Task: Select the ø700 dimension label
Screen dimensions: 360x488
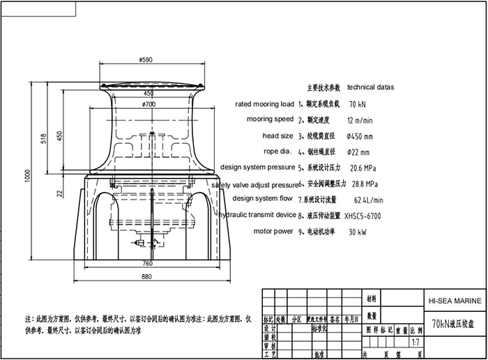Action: click(148, 104)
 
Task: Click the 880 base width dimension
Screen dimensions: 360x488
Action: click(148, 277)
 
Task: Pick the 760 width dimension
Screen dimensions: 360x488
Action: click(148, 263)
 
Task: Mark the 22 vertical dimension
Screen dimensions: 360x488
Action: click(60, 193)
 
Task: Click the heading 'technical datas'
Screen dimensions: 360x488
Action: click(370, 88)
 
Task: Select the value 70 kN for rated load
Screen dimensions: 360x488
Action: click(357, 104)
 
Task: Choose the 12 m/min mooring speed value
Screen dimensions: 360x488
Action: click(360, 120)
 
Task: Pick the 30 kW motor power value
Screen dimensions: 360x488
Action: click(358, 232)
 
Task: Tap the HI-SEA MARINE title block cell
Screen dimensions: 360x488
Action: click(453, 301)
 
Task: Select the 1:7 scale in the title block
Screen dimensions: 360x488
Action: click(415, 343)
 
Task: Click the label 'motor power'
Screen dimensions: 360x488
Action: click(274, 231)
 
